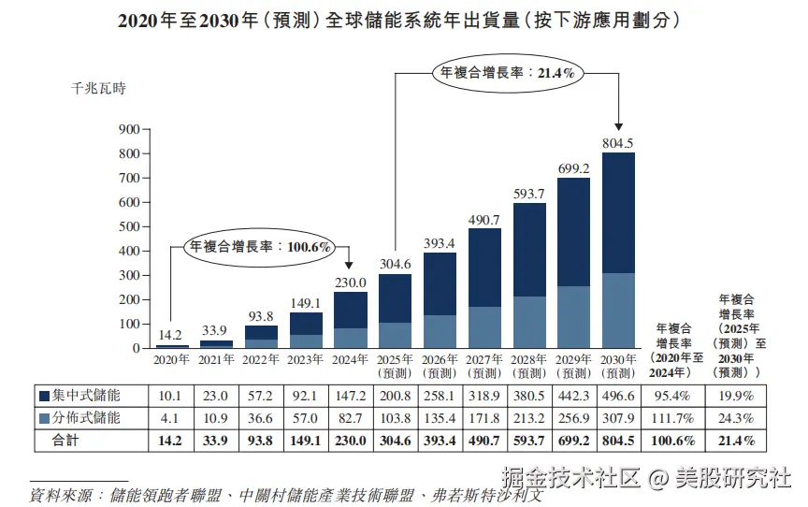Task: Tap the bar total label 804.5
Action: tap(618, 142)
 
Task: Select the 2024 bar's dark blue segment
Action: tap(351, 310)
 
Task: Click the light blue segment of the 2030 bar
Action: tap(618, 311)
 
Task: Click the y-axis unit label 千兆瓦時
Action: tap(98, 90)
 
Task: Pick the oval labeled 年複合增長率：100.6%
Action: tap(261, 247)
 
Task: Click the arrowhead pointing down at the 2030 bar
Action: tap(618, 128)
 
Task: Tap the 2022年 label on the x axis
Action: tap(261, 360)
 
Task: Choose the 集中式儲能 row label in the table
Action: tap(88, 396)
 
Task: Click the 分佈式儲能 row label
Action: tap(88, 417)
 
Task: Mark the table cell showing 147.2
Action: tap(351, 396)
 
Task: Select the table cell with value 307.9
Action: tap(618, 417)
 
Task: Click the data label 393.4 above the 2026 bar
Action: tap(440, 243)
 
